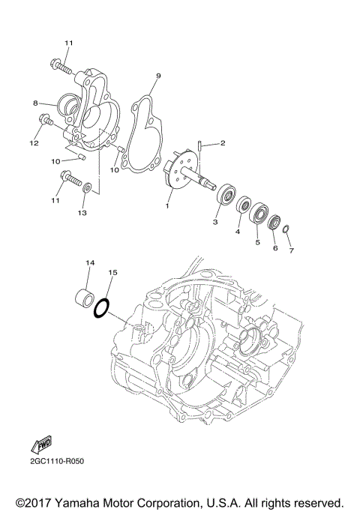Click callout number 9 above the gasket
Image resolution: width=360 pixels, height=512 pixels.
click(158, 76)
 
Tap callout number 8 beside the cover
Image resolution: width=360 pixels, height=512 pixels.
click(34, 103)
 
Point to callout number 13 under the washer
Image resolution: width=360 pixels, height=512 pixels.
click(82, 213)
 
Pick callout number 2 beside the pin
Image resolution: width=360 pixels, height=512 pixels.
click(222, 142)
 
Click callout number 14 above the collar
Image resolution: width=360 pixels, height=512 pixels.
click(89, 263)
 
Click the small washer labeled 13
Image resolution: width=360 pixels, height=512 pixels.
click(88, 187)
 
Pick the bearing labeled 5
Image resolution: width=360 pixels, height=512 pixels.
click(259, 214)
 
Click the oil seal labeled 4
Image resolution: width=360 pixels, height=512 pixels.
click(243, 205)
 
